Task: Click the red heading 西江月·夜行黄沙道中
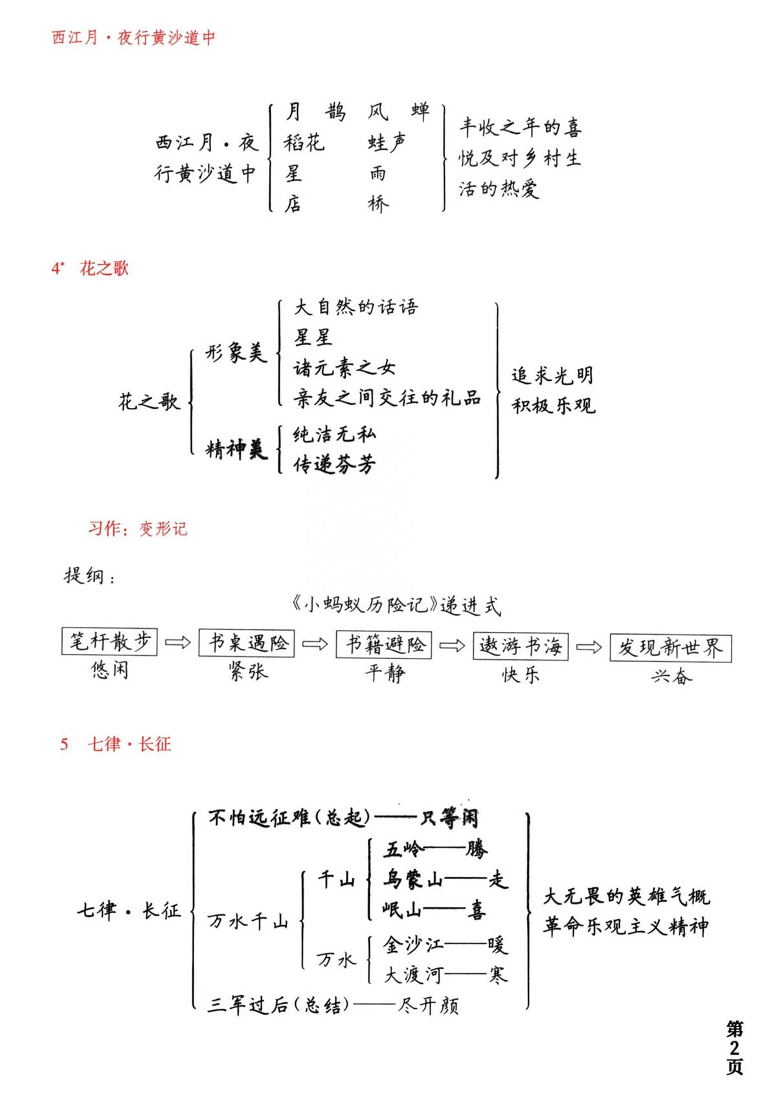[x=133, y=38]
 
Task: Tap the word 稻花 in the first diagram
[x=304, y=142]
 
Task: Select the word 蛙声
[x=387, y=142]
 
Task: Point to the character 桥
[x=379, y=203]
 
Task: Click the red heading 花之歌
[x=104, y=268]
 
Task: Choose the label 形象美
[x=236, y=353]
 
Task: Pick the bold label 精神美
[x=236, y=449]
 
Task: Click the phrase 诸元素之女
[x=344, y=368]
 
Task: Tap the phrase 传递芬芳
[x=334, y=464]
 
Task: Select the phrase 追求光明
[x=553, y=376]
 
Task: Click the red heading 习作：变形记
[x=137, y=528]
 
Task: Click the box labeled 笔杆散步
[x=109, y=641]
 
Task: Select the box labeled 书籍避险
[x=383, y=644]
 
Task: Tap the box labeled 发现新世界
[x=670, y=648]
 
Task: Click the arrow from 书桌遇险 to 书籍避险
[x=315, y=644]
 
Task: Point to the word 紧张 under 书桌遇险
[x=248, y=672]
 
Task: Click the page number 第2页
[x=734, y=1048]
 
